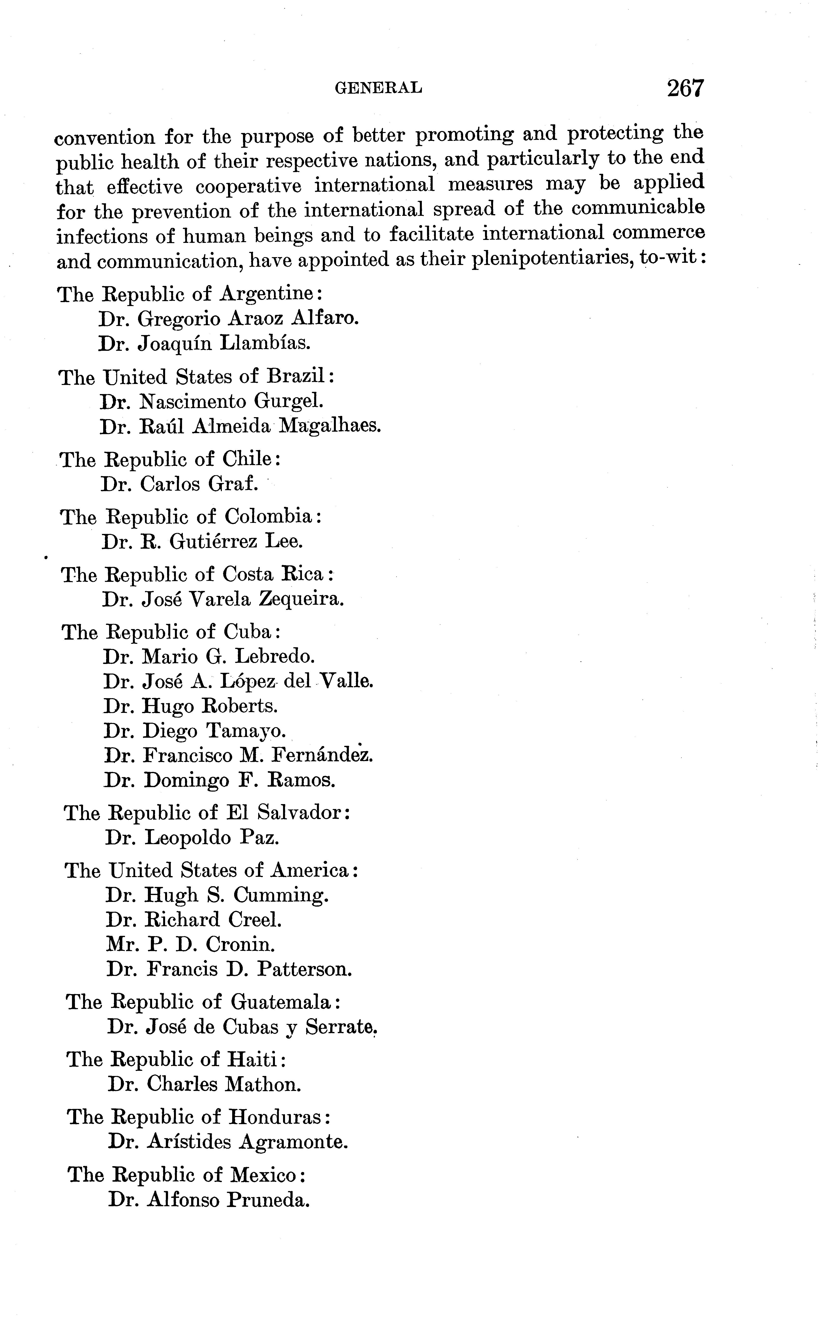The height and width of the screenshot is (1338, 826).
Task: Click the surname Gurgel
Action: (x=288, y=402)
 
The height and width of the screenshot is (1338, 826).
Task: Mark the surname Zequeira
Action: (x=301, y=600)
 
